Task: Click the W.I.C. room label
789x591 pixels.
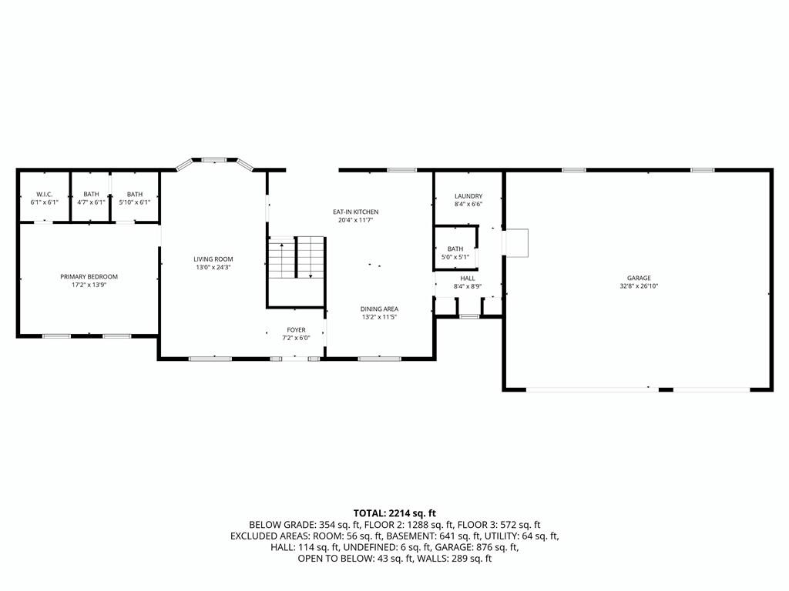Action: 44,194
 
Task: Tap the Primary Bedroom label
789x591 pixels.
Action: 89,276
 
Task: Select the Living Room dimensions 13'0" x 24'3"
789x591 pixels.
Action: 213,267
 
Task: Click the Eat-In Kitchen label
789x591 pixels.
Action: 355,212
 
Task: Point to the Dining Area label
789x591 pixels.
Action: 379,309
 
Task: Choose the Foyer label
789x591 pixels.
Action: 297,330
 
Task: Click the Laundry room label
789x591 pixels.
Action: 468,196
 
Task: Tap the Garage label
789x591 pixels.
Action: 639,278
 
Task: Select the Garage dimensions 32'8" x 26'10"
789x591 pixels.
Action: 639,286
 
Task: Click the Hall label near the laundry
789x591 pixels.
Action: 468,279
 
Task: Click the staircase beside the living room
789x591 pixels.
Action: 297,257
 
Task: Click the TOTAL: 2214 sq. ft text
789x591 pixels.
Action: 394,513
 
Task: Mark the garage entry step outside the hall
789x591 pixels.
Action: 516,243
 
